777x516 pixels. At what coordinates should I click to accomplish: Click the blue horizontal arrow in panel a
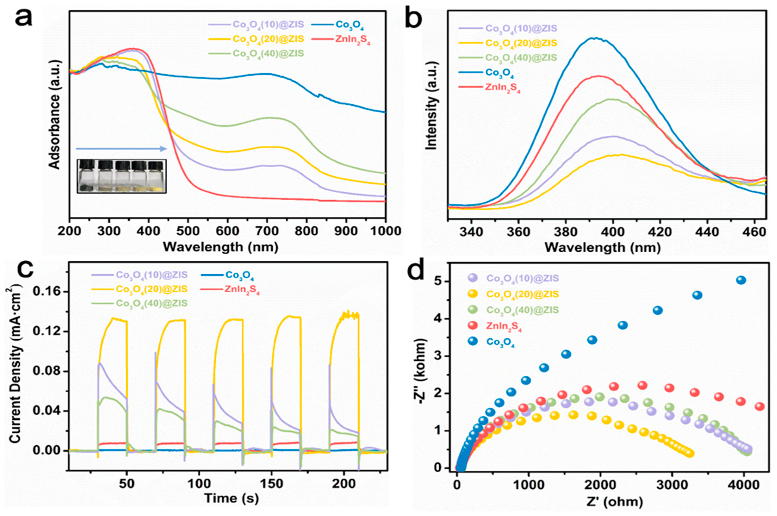coord(122,149)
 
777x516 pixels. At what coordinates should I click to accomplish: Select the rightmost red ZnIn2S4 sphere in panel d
coord(759,407)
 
